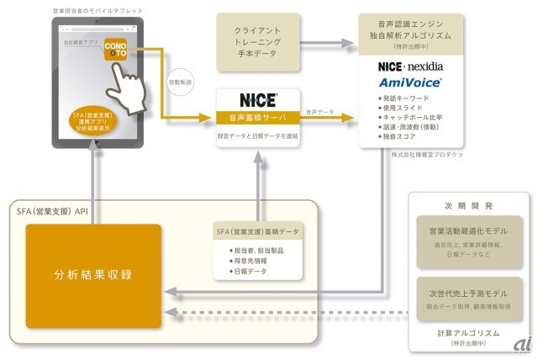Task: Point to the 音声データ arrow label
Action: [x=320, y=110]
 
